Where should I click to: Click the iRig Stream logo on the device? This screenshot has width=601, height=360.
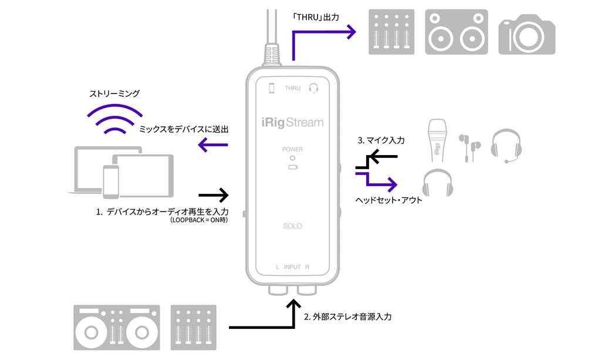click(292, 123)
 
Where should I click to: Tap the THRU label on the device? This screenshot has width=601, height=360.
click(292, 88)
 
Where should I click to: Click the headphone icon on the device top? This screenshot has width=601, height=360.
click(313, 88)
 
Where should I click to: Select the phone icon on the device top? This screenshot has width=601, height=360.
click(271, 88)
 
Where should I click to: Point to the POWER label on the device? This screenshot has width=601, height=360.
click(292, 149)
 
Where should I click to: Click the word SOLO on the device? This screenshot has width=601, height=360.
click(292, 226)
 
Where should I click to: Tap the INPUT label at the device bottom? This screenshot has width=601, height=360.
click(292, 267)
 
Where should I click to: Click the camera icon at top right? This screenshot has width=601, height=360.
click(527, 35)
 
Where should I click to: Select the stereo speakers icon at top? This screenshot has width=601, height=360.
click(456, 32)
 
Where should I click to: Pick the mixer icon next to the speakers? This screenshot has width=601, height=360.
click(391, 32)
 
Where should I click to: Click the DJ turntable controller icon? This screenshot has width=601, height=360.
click(117, 328)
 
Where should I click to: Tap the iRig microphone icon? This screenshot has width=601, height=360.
click(438, 141)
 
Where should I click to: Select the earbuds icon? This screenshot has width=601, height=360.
click(470, 147)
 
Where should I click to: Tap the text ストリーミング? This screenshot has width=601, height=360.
click(114, 93)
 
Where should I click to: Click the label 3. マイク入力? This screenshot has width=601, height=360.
click(381, 141)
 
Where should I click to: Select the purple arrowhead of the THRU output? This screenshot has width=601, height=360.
click(351, 32)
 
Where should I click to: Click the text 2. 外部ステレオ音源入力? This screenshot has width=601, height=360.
click(347, 317)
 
